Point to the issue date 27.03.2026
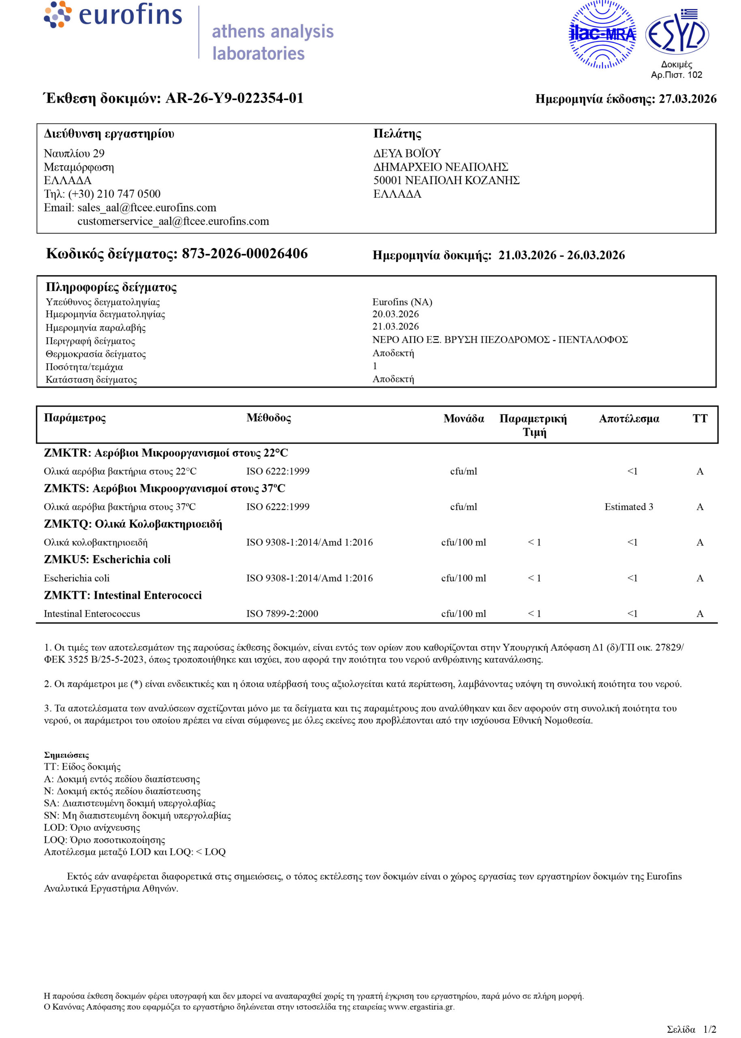click(687, 99)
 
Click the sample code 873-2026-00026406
click(244, 254)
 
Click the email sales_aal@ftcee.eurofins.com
click(146, 208)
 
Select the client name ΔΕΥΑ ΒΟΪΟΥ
click(407, 153)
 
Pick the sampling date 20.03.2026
click(395, 314)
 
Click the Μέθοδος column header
click(268, 418)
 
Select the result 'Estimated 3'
click(628, 506)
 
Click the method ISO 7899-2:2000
click(282, 613)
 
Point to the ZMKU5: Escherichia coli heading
click(107, 560)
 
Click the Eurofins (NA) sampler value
click(402, 302)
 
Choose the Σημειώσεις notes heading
click(66, 755)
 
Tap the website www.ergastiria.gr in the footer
click(421, 1006)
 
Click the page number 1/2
click(709, 1029)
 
